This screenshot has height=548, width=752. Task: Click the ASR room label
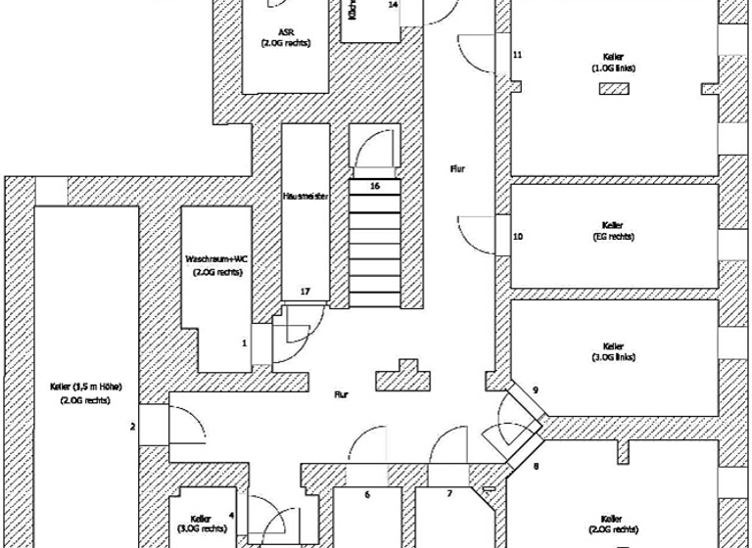285,37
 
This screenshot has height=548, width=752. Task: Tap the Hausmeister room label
305,196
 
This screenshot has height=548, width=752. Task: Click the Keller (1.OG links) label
614,62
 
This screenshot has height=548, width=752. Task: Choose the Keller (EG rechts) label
614,230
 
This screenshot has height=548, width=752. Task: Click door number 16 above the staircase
374,184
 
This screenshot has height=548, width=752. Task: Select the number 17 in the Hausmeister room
305,292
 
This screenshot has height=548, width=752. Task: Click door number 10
518,237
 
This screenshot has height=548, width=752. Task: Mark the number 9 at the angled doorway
536,390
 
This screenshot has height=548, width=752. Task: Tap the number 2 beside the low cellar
132,426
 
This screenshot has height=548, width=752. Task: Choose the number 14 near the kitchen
393,5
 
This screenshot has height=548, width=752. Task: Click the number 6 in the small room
367,495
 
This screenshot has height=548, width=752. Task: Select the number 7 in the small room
449,495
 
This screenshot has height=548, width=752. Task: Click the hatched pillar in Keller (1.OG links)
615,89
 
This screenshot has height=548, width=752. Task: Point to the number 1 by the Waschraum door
244,342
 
